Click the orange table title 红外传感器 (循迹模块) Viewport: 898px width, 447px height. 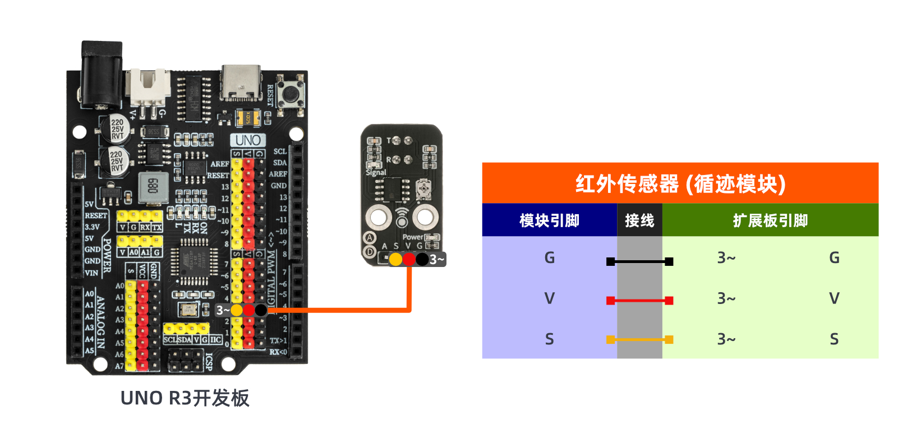680,183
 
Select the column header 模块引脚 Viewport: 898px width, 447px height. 549,220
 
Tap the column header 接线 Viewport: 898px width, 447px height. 639,220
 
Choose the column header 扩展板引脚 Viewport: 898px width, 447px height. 770,220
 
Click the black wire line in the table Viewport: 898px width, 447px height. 639,261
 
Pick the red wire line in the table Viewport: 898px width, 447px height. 639,301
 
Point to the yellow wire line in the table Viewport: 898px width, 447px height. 639,339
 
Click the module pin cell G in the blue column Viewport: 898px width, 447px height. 549,258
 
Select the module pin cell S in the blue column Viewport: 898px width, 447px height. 549,339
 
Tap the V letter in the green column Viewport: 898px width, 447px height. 834,298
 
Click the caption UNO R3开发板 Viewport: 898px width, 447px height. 185,398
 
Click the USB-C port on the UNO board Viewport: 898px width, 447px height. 241,82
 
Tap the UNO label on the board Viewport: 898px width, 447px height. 248,140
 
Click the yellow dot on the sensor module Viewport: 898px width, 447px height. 395,259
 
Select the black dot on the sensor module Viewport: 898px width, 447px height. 422,259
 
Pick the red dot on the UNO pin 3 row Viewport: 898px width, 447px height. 248,310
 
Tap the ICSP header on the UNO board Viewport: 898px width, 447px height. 186,360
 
